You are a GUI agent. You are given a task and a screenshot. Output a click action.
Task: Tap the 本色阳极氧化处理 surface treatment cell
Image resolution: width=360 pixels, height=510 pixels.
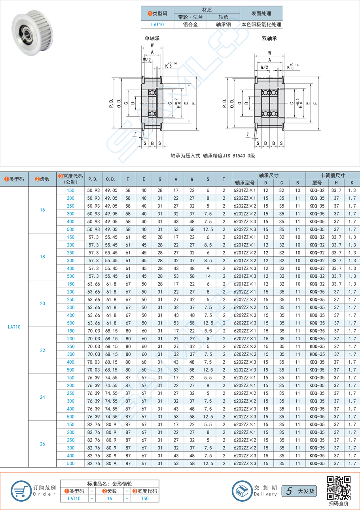pyautogui.click(x=261, y=25)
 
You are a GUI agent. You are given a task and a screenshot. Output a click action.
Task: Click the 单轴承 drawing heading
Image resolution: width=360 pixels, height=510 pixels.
pyautogui.click(x=152, y=38)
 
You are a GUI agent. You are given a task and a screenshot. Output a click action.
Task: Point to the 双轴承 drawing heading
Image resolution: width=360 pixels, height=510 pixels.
pyautogui.click(x=269, y=38)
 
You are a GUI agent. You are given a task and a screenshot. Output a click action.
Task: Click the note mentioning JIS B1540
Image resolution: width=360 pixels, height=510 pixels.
pyautogui.click(x=213, y=155)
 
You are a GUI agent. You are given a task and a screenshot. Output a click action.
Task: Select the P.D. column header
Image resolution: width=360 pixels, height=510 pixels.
pyautogui.click(x=93, y=179)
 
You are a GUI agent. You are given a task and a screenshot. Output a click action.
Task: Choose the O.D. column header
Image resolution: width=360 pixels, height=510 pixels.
pyautogui.click(x=110, y=179)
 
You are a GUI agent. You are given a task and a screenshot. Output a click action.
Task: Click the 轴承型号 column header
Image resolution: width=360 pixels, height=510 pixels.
pyautogui.click(x=244, y=183)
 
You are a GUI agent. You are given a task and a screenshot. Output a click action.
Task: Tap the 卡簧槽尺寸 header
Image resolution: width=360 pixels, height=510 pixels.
pyautogui.click(x=333, y=175)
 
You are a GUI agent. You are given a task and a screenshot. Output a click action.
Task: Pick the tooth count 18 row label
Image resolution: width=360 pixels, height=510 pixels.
pyautogui.click(x=42, y=257)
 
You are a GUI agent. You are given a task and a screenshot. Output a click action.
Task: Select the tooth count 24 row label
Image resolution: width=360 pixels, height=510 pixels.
pyautogui.click(x=42, y=397)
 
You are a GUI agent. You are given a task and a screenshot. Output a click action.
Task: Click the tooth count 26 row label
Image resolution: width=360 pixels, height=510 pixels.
pyautogui.click(x=42, y=444)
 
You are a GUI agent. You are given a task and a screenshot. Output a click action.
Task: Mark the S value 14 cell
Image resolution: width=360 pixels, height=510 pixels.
pyautogui.click(x=208, y=276)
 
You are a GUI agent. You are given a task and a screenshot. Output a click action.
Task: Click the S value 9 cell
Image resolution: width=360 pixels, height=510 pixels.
pyautogui.click(x=208, y=268)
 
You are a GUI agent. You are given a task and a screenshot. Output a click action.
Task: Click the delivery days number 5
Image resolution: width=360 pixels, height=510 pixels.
pyautogui.click(x=289, y=491)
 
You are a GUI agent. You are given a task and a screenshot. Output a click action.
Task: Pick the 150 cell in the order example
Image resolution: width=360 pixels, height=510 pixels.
pyautogui.click(x=145, y=499)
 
